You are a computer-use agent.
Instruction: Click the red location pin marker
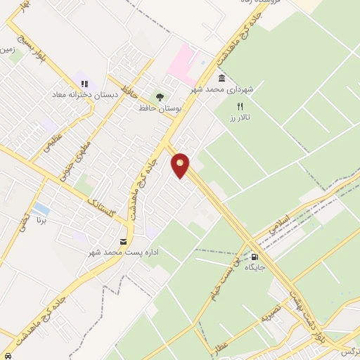tap(181, 165)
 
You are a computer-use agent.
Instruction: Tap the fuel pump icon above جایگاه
tap(254, 257)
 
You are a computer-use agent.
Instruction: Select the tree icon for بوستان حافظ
tap(160, 97)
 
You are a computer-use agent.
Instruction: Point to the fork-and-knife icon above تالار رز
tap(240, 105)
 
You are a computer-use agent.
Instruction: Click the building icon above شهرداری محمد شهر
tap(221, 78)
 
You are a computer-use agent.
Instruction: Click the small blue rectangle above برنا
tap(41, 209)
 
